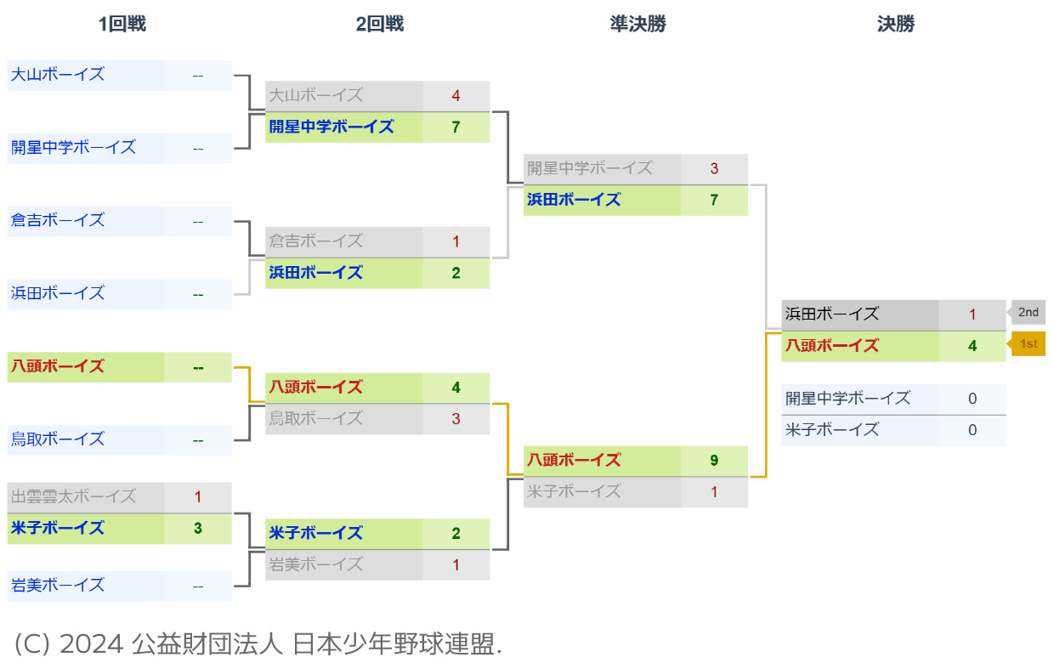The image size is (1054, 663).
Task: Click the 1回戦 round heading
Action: [x=122, y=24]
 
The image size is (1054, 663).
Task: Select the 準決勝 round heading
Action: [x=638, y=24]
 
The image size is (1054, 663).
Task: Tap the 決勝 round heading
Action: [x=896, y=24]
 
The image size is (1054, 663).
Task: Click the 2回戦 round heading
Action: [x=380, y=24]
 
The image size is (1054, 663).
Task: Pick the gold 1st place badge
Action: [x=1028, y=344]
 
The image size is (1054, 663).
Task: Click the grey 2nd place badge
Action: [x=1028, y=313]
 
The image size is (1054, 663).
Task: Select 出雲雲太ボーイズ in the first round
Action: [x=73, y=497]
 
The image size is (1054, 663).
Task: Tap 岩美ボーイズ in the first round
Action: [x=58, y=586]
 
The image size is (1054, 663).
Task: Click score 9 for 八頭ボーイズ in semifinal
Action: [x=714, y=461]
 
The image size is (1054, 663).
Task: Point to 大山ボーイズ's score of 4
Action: [x=456, y=96]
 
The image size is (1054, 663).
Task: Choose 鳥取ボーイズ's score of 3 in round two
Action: [x=456, y=419]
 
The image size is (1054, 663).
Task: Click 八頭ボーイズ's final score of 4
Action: [x=972, y=346]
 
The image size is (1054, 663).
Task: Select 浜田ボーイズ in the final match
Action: [x=832, y=314]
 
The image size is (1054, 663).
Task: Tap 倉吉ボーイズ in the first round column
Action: [x=58, y=221]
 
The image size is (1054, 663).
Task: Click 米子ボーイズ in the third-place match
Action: [x=832, y=430]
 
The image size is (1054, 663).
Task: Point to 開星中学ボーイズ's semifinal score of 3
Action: [x=714, y=169]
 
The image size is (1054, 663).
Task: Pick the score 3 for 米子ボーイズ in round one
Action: [x=197, y=529]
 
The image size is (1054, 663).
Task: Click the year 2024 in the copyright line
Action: [x=91, y=644]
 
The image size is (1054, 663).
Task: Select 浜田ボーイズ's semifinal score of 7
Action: [x=714, y=201]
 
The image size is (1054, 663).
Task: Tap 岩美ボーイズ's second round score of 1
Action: [x=456, y=565]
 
